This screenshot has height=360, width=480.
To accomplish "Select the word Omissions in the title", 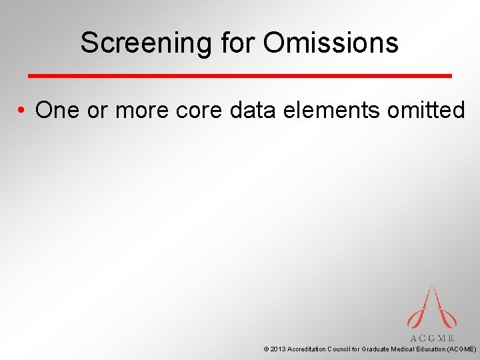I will coord(331,43).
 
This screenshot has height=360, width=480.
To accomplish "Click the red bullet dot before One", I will coord(23,111).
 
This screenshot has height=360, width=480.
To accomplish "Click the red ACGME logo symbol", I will coord(431,308).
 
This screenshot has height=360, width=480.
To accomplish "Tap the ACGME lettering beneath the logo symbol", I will coord(432,338).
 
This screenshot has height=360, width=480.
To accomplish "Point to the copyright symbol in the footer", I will coord(267,349).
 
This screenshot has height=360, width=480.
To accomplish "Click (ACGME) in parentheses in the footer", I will coord(462,349).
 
